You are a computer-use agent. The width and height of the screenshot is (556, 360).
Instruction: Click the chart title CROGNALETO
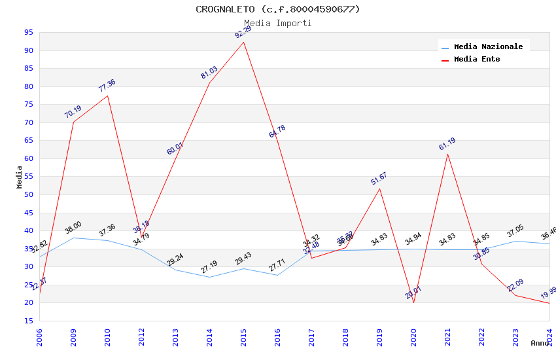[x=278, y=9]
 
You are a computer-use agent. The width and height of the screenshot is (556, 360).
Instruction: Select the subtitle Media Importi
[x=278, y=23]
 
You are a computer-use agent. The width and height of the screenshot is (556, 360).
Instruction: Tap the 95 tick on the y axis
[x=29, y=32]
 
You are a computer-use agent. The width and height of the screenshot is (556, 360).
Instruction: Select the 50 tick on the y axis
[x=29, y=194]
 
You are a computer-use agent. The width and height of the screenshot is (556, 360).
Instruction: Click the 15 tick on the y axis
[x=29, y=321]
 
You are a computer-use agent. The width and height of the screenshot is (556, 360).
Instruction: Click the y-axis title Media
[x=20, y=177]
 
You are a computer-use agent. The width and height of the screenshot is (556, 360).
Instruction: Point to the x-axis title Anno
[x=540, y=343]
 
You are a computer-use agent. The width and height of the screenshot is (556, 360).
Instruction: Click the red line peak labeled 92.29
[x=243, y=43]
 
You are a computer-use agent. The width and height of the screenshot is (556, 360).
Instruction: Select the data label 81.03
[x=209, y=73]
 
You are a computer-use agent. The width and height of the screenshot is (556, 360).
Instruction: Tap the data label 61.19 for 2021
[x=447, y=145]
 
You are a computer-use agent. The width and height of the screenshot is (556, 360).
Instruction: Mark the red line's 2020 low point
[x=413, y=302]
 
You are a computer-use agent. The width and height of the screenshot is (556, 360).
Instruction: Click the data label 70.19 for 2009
[x=73, y=112]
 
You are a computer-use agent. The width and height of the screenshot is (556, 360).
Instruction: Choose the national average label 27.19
[x=209, y=267]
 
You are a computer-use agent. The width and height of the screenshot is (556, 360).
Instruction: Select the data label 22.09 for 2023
[x=515, y=285]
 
